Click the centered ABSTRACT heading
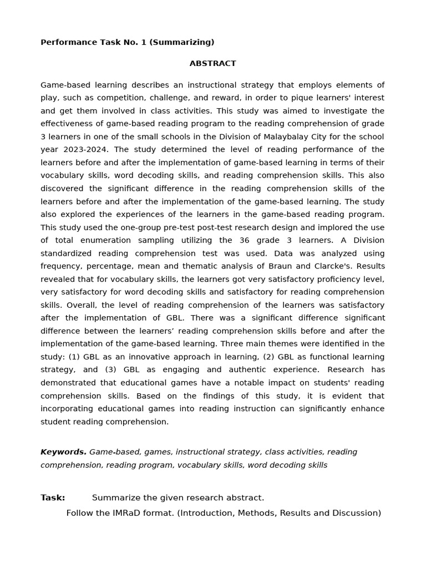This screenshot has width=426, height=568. click(x=212, y=64)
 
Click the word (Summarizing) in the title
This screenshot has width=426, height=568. click(x=187, y=42)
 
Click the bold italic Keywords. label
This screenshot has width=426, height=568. click(x=63, y=452)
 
